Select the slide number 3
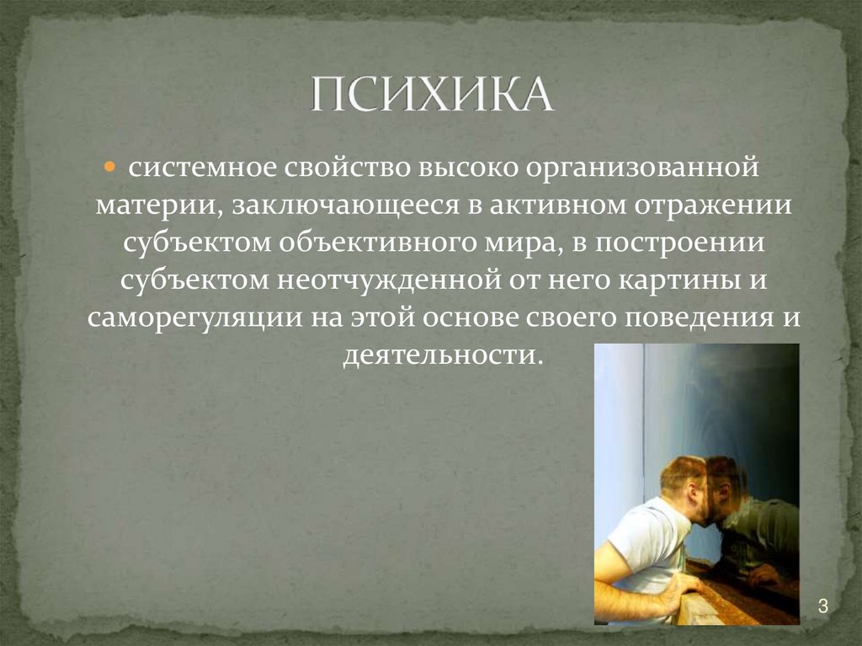pyautogui.click(x=823, y=606)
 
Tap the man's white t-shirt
pyautogui.click(x=648, y=539)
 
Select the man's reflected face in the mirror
pyautogui.click(x=726, y=489)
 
